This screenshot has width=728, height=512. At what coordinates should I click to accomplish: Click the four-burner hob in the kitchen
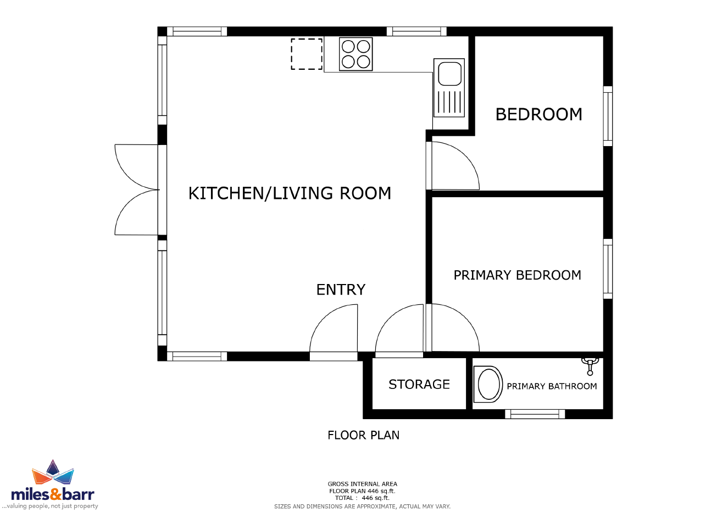[355, 54]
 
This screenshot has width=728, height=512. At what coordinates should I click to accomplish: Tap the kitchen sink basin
[449, 74]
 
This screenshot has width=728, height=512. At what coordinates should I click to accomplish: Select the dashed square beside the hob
[307, 54]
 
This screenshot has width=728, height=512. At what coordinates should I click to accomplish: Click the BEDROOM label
[538, 114]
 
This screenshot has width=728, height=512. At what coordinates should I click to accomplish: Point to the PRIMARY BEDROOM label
[517, 275]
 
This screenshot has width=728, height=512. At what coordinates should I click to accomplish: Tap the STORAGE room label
[419, 385]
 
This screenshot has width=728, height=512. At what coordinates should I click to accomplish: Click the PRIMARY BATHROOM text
[552, 386]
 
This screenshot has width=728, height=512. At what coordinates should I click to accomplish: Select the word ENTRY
[341, 290]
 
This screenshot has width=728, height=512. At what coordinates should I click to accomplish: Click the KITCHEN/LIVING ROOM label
[290, 193]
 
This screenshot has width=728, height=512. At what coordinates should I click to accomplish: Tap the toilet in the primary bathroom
[488, 385]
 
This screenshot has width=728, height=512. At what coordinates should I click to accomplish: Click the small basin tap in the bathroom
[590, 366]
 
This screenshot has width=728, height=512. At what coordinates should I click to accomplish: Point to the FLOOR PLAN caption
[363, 435]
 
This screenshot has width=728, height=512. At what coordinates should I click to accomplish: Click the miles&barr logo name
[53, 494]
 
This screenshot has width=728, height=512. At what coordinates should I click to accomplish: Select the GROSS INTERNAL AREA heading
[363, 484]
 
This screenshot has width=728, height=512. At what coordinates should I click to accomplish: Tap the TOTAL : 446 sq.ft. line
[363, 498]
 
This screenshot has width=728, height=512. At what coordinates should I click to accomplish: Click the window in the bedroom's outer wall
[608, 116]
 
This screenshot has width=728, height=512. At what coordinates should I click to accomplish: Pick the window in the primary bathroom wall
[535, 414]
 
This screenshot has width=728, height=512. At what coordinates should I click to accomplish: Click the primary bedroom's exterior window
[608, 269]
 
